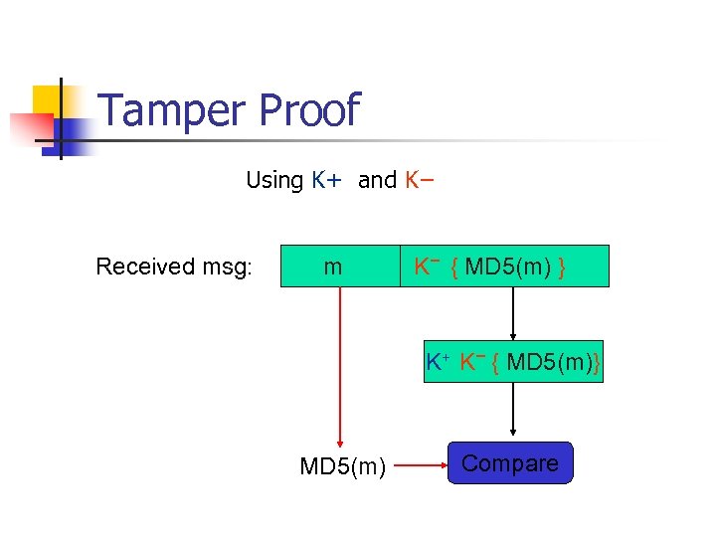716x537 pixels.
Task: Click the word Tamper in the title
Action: [170, 110]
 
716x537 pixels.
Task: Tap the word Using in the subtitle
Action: [274, 180]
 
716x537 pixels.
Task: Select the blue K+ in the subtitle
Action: [326, 180]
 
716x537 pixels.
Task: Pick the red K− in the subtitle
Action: [419, 180]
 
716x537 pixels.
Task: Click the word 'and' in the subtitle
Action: [377, 180]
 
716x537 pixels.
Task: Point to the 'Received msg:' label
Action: [174, 267]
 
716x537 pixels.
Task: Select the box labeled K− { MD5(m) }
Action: [504, 267]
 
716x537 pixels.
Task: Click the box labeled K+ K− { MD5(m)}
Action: [513, 361]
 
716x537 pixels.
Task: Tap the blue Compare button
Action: [510, 463]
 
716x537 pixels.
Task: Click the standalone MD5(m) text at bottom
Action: [342, 465]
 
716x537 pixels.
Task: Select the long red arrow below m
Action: [340, 368]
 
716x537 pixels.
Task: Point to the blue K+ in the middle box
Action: [438, 362]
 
